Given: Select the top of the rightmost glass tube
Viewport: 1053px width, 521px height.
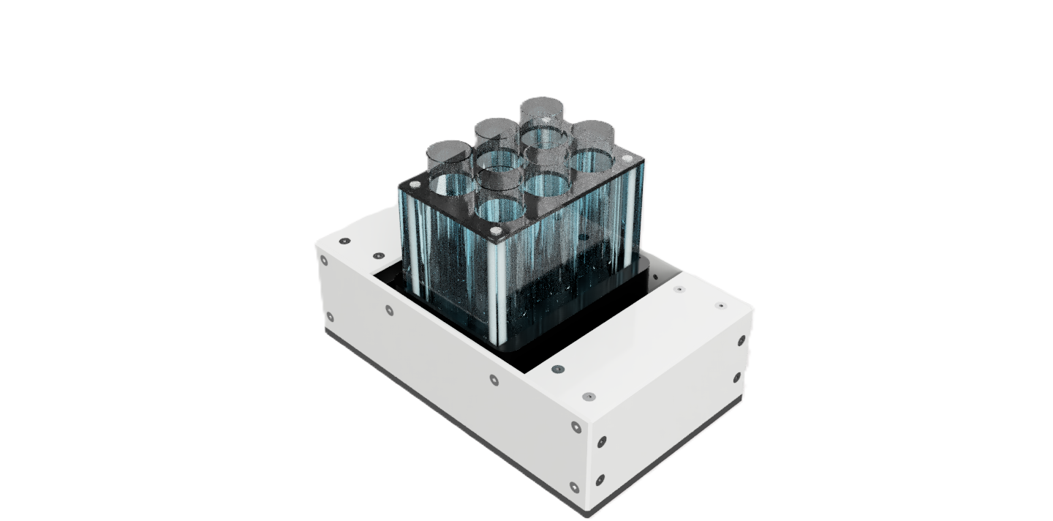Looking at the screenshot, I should point(592,131).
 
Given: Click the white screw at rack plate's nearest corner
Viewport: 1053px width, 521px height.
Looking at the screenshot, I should point(497,231).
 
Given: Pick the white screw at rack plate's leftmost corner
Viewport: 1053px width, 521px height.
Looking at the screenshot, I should point(415,186).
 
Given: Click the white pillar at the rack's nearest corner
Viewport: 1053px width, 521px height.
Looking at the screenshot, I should point(497,293).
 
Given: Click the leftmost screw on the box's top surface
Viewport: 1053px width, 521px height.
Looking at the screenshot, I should point(344,241).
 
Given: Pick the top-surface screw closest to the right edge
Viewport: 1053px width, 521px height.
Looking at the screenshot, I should point(722,305).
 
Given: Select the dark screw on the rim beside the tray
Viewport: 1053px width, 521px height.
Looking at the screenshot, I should point(558,370).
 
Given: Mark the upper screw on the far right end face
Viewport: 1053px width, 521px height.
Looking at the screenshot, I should point(741,340).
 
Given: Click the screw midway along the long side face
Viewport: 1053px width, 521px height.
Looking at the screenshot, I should point(494,381).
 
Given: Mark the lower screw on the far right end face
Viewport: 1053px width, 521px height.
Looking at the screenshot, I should point(736,378).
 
